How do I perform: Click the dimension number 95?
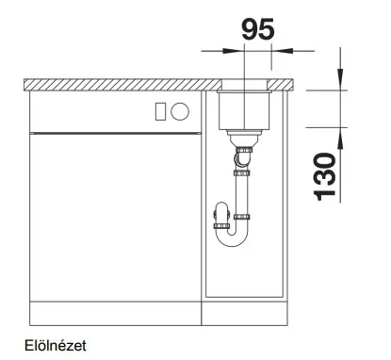point(258,29)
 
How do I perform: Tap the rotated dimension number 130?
point(325,176)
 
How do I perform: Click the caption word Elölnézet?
point(56,346)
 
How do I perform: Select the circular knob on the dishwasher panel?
point(180,111)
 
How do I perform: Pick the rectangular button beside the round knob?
point(160,111)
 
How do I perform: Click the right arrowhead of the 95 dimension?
point(282,51)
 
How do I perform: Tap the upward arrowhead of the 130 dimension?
point(340,138)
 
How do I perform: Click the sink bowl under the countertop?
point(244,110)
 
